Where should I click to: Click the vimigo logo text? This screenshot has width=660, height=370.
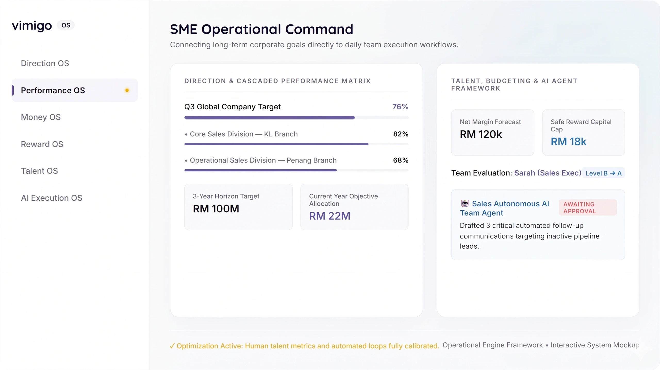32,25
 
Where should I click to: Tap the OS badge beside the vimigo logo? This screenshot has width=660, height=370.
66,25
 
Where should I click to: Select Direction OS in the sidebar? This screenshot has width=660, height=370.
45,63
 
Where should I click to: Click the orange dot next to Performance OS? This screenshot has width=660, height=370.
127,90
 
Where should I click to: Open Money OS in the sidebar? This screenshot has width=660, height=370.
41,117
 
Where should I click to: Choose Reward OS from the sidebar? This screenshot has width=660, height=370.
42,144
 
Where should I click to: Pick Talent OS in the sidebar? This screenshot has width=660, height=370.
39,171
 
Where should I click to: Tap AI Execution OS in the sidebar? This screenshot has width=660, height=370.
52,198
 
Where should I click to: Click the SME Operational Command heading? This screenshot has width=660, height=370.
261,29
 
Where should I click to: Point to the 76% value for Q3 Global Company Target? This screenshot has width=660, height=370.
400,107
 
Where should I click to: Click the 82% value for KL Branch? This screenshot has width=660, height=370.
401,134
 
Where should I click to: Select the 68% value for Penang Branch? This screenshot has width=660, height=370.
401,160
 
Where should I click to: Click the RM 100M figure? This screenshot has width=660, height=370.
216,209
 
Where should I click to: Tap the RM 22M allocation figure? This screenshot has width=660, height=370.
330,216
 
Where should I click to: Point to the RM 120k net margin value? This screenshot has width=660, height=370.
481,134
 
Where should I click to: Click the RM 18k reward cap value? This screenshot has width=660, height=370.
568,142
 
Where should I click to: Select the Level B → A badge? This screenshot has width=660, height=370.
604,173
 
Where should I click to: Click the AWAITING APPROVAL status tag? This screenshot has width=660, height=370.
588,207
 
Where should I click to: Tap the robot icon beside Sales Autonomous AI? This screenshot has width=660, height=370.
465,203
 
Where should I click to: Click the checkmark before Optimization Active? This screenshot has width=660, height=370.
172,346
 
